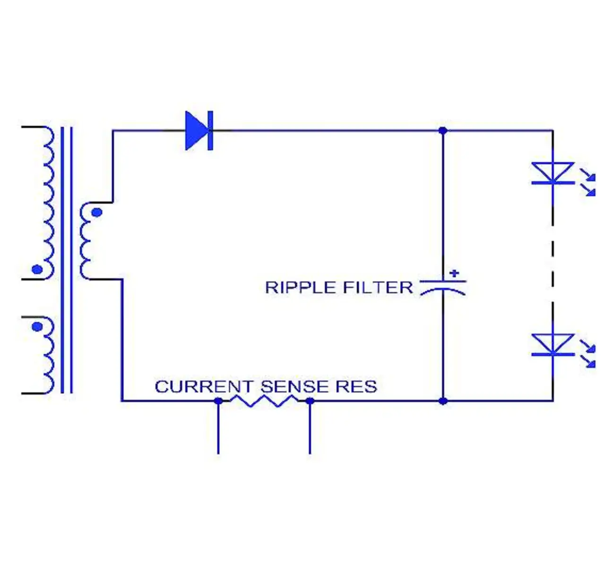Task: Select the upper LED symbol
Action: pos(553,173)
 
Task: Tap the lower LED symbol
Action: pos(553,344)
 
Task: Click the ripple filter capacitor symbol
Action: pos(443,287)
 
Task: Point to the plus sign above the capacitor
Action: pos(454,273)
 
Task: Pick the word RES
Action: pos(356,387)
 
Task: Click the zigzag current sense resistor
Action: pos(264,401)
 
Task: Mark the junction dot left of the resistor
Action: pos(218,401)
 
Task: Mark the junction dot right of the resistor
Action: pos(310,401)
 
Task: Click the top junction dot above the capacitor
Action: pos(443,130)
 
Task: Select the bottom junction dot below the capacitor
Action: pos(443,401)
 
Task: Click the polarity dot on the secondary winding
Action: pos(96,212)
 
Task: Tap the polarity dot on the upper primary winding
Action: pos(37,270)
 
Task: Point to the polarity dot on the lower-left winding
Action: pos(37,326)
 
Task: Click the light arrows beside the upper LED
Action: pos(588,184)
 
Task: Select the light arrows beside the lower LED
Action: pos(588,355)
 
